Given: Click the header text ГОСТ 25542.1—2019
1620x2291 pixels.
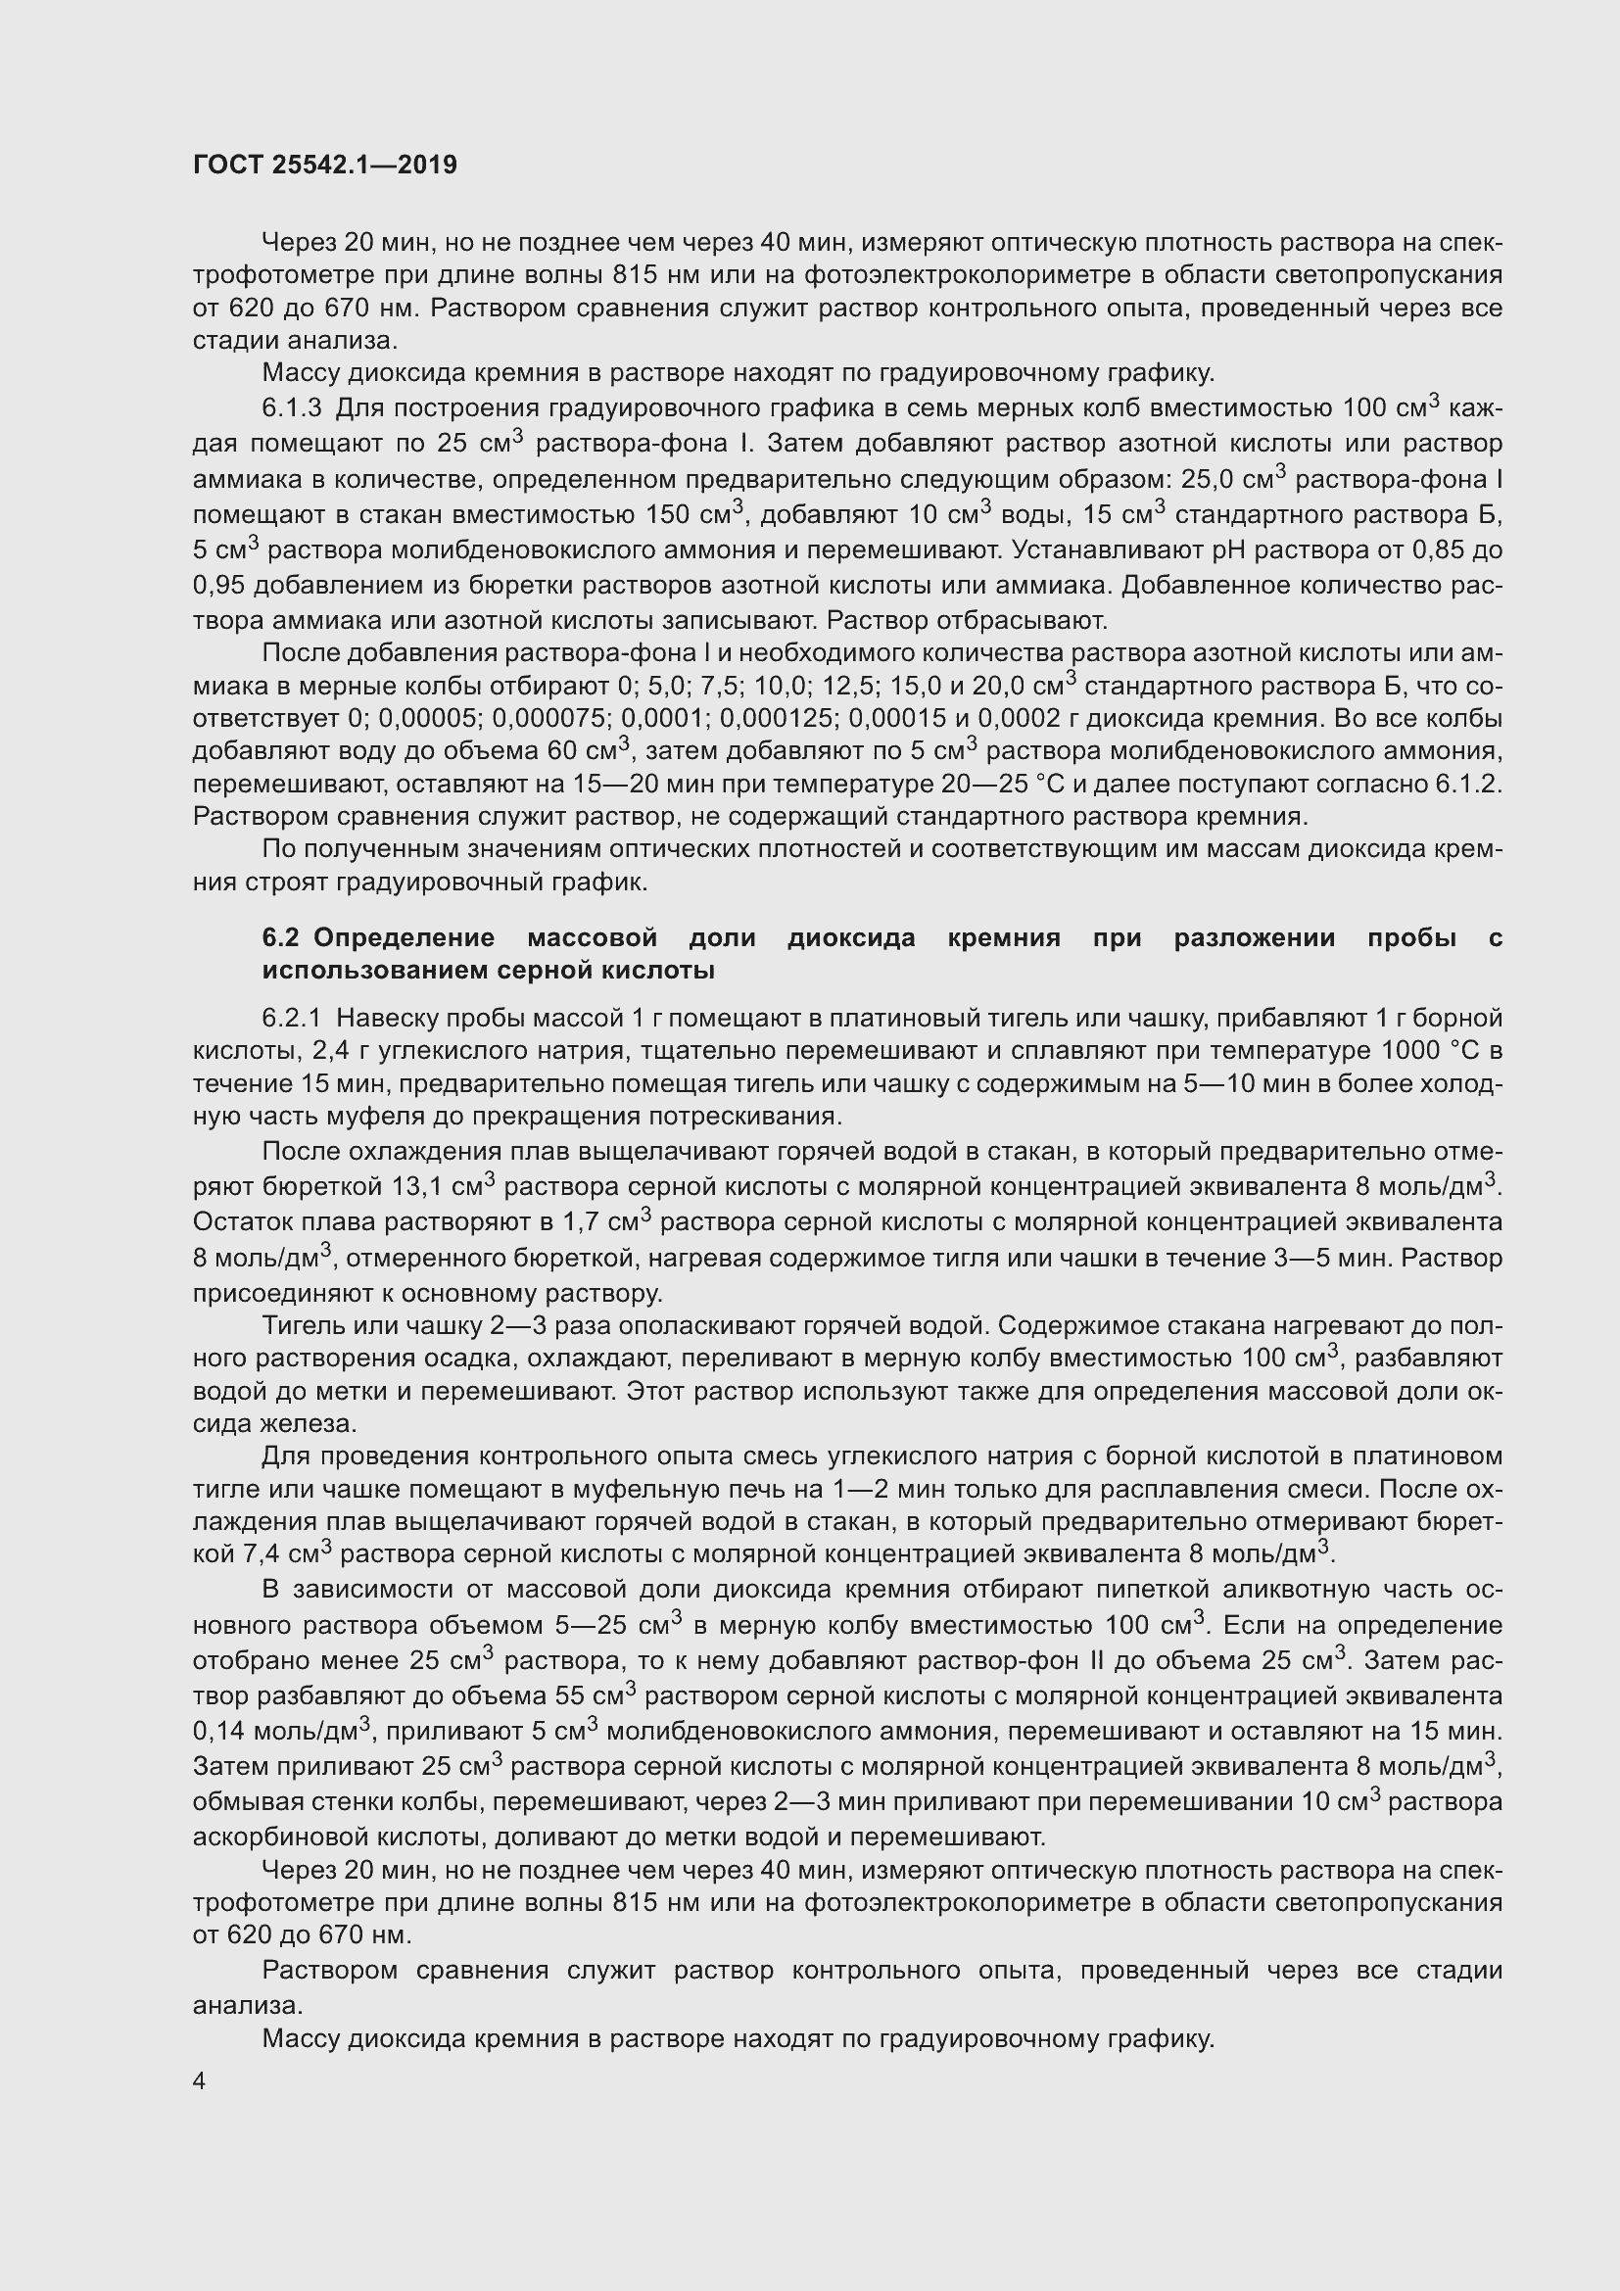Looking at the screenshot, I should [324, 165].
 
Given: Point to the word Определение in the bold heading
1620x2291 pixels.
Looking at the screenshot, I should [403, 937].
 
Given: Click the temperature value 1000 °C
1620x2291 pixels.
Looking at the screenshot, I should [1427, 1051].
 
